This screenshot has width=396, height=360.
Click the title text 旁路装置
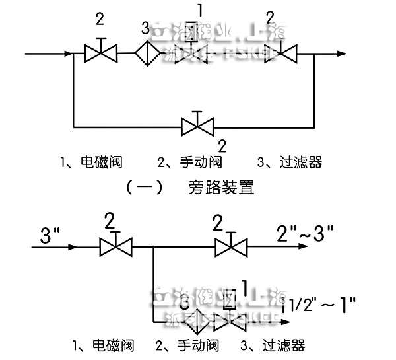pyautogui.click(x=220, y=188)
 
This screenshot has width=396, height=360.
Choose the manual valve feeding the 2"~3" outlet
pyautogui.click(x=230, y=248)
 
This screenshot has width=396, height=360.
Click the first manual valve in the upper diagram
pyautogui.click(x=101, y=52)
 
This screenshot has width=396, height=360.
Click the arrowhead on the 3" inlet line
pyautogui.click(x=71, y=248)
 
